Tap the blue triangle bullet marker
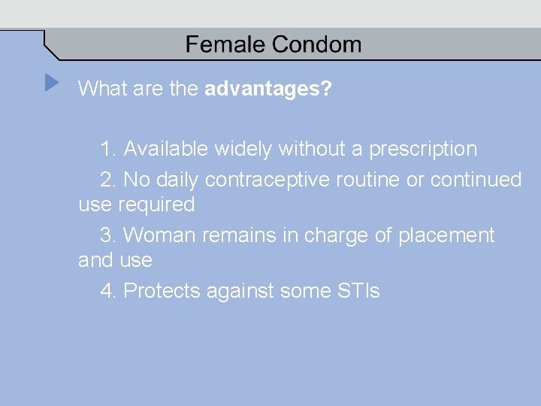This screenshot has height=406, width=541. tap(51, 82)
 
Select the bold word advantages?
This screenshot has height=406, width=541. tap(268, 89)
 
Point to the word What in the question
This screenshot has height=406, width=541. tap(102, 89)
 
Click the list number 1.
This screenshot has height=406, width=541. tap(108, 149)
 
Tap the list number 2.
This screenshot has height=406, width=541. tap(108, 180)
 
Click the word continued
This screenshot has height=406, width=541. tap(476, 180)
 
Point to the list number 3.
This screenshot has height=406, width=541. tap(108, 235)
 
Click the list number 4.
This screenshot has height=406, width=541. tap(108, 291)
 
